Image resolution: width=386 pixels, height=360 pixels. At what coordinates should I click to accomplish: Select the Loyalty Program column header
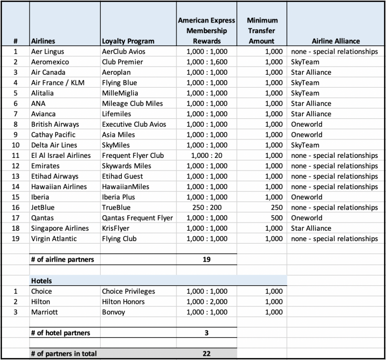128,41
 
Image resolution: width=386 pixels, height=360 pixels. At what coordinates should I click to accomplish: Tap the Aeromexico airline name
50,62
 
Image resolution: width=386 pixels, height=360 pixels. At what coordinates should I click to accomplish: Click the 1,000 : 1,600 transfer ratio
207,62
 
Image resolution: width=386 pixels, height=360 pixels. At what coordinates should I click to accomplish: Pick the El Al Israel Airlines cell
61,155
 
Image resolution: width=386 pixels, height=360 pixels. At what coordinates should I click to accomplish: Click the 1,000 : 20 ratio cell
207,155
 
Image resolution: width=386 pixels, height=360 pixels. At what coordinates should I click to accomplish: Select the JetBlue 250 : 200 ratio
207,208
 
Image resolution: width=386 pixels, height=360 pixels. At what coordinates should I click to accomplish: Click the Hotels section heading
42,281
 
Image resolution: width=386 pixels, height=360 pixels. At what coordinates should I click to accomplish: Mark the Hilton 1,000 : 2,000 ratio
207,302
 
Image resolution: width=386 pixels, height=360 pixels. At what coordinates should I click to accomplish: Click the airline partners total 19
207,260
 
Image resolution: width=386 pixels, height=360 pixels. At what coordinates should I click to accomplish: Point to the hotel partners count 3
207,332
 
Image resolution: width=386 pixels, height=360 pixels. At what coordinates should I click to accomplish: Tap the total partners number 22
207,353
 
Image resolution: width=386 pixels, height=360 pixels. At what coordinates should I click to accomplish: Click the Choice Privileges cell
128,291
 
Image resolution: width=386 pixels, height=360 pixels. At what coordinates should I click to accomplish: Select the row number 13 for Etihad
15,176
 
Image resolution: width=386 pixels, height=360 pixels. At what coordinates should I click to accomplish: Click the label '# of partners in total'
64,353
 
